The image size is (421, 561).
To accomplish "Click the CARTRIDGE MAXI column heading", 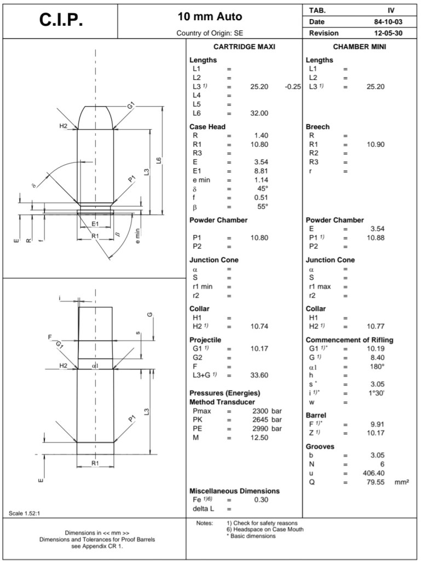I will (x=244, y=47).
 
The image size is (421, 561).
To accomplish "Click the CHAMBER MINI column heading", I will (x=359, y=47).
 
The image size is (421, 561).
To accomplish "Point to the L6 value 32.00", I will (x=259, y=113).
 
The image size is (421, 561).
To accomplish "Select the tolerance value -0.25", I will (x=294, y=87).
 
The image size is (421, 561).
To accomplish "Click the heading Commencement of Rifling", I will (x=349, y=340).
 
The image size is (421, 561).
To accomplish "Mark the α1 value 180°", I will (x=376, y=367).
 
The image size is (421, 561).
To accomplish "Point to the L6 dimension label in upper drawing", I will (x=158, y=161).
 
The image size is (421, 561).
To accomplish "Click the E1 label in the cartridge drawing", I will (x=95, y=224).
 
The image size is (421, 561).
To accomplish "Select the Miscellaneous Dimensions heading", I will (x=234, y=491).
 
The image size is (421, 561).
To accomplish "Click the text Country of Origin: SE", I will (x=210, y=33).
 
